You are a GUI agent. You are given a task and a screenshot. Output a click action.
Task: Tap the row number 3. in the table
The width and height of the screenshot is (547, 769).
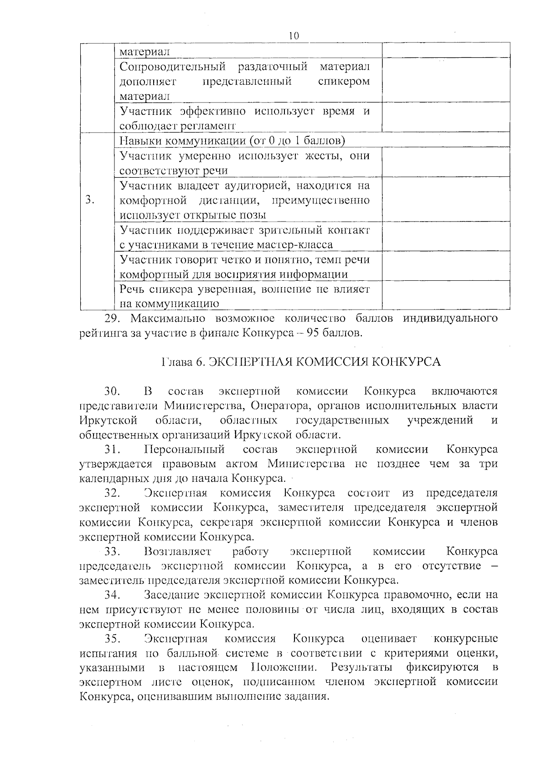(90, 200)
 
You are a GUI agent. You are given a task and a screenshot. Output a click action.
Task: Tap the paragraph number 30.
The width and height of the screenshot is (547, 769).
(112, 392)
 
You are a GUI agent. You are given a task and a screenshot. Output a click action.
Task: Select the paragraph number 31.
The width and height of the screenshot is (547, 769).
(112, 450)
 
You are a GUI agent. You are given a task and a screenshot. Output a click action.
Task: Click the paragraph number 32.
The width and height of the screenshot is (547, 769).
(112, 494)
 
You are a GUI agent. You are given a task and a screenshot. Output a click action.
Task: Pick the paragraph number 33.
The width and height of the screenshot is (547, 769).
(112, 552)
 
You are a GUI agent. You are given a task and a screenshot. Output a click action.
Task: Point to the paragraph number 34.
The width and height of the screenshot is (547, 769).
(112, 595)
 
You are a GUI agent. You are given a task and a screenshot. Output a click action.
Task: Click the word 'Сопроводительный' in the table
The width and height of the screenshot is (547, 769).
(173, 67)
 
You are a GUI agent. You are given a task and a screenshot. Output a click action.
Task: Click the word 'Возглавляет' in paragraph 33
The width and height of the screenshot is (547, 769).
(177, 552)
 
